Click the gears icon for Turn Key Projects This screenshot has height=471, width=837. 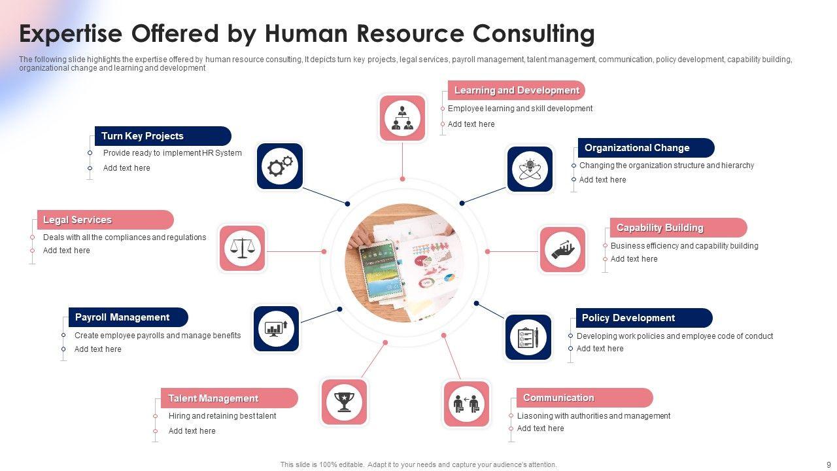[x=280, y=166]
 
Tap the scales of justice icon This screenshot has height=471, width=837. [x=242, y=248]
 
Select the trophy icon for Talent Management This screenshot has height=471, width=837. [x=344, y=402]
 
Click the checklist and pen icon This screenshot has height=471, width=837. [x=528, y=337]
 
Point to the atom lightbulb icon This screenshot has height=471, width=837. [x=530, y=169]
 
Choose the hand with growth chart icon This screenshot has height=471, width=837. [x=562, y=250]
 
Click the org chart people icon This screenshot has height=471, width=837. [x=402, y=118]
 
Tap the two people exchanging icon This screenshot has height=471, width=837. [x=466, y=404]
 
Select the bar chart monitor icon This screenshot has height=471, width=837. [x=276, y=328]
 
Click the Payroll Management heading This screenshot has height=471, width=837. [x=122, y=317]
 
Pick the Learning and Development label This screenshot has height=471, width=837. [x=517, y=90]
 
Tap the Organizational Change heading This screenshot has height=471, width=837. [x=637, y=148]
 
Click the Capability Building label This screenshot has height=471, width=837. [x=660, y=228]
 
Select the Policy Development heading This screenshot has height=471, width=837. [x=628, y=318]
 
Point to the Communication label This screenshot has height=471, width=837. [x=558, y=398]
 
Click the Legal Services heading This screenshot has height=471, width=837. [x=77, y=220]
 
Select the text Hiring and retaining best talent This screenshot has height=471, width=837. [x=222, y=416]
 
